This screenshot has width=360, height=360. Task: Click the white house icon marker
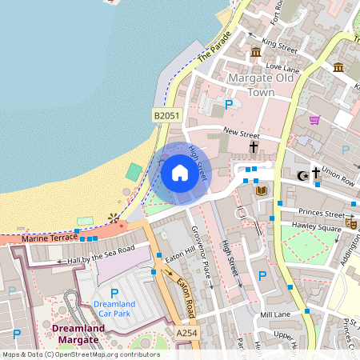(180, 173)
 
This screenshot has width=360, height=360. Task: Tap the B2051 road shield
(166, 116)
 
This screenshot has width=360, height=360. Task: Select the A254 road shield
(186, 332)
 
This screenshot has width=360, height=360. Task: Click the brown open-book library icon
(260, 190)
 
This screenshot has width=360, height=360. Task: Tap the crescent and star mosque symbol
(302, 174)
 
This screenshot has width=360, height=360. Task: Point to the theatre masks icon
(353, 226)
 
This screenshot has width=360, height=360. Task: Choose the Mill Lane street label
(277, 315)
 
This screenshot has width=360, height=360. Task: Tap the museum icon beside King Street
(256, 52)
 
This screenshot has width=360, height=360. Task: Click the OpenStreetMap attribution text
(81, 354)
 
